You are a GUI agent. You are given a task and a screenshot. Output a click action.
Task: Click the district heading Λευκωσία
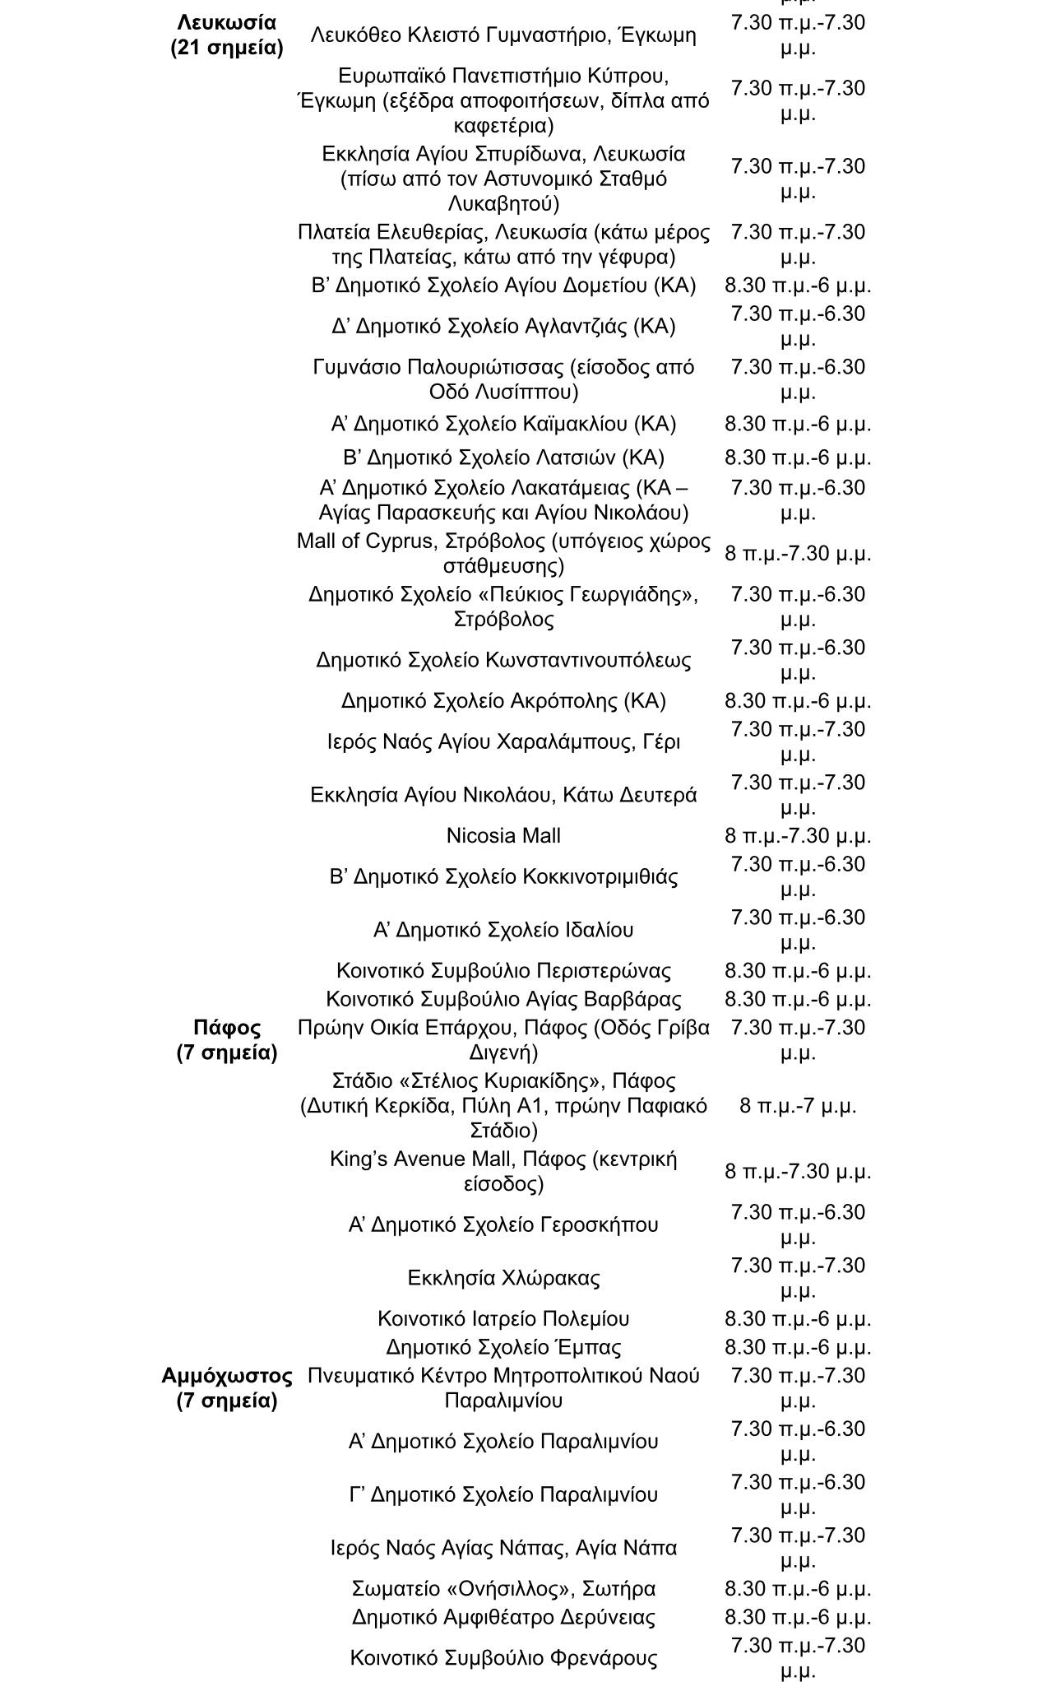227,22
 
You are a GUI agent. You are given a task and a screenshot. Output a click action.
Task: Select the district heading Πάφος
227,1027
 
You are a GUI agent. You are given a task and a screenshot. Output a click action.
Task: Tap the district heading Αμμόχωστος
227,1375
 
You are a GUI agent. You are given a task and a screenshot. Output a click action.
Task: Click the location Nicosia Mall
503,835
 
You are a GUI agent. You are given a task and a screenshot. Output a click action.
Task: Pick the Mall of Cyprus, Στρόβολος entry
503,553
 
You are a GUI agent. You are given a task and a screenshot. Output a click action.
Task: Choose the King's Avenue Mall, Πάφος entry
503,1171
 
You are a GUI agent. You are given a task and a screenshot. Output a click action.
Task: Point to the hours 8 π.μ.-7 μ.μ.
798,1105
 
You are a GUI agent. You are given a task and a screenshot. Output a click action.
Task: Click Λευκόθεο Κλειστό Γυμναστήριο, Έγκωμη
503,35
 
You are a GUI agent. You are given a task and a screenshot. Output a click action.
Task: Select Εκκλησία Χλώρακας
503,1277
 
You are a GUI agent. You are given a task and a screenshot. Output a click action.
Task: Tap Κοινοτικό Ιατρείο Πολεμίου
503,1318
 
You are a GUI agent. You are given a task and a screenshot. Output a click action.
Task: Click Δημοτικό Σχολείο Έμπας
503,1347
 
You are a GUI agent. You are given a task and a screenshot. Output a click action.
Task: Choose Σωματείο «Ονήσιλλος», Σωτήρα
503,1588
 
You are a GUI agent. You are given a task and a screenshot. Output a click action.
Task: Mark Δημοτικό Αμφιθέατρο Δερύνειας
503,1617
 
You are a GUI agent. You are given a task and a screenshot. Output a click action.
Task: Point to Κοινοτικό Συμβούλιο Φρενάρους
503,1657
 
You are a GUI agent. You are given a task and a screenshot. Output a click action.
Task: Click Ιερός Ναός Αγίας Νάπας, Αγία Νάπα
503,1548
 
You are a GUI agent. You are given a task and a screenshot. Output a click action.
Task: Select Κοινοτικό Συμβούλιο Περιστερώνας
503,970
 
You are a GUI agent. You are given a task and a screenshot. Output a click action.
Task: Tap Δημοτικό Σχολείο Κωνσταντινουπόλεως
503,660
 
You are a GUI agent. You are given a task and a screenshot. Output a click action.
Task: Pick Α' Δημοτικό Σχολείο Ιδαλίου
503,929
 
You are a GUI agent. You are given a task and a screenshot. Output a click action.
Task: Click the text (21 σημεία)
227,48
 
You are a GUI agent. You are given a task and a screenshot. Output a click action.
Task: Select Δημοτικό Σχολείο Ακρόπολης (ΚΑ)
503,700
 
